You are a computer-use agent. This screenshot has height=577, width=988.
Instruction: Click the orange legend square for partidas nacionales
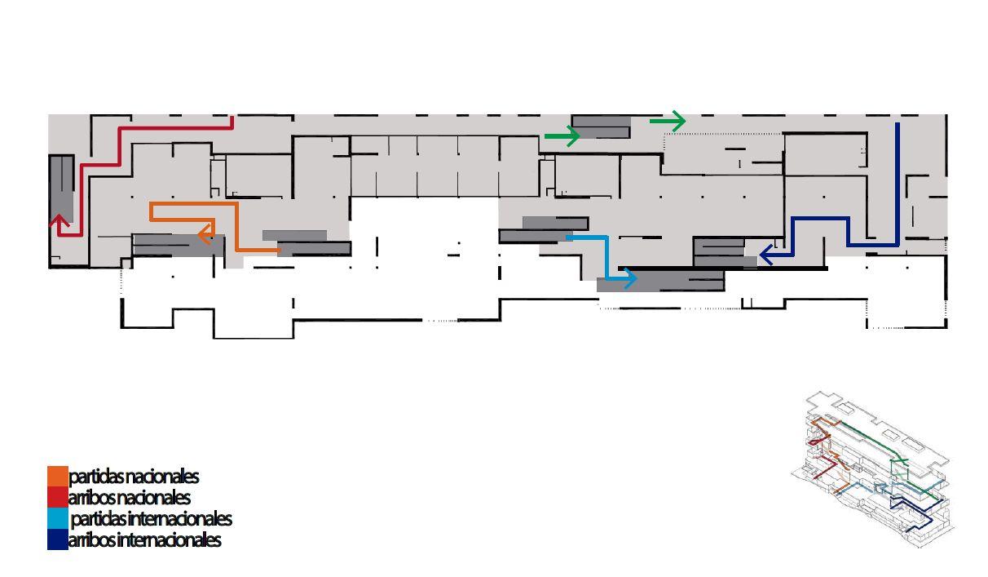[58, 476]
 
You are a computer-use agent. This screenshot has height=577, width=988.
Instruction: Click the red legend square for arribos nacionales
[58, 497]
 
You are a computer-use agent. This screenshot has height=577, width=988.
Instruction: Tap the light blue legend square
[58, 518]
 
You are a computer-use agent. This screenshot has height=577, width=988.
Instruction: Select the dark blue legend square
[58, 539]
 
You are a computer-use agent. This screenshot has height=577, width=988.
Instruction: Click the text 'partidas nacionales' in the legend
[134, 476]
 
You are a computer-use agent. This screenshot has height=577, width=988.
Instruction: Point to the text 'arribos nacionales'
[130, 497]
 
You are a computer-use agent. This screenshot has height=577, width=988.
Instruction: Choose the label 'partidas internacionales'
[152, 518]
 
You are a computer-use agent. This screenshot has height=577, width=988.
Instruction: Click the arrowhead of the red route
[59, 220]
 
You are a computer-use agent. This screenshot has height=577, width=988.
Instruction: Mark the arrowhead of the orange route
[204, 235]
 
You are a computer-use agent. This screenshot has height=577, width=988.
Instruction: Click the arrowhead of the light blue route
[629, 278]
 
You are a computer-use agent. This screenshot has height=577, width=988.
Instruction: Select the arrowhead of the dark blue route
[765, 255]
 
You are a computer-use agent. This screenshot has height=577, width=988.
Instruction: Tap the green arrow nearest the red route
[562, 136]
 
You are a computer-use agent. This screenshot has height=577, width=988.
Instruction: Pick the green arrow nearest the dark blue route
[668, 122]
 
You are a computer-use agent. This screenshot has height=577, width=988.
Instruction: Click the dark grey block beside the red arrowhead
[61, 188]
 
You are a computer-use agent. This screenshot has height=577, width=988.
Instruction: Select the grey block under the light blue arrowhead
[660, 283]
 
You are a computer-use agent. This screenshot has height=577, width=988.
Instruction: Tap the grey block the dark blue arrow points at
[721, 252]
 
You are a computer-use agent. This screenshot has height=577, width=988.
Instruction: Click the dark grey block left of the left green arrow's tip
[601, 126]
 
